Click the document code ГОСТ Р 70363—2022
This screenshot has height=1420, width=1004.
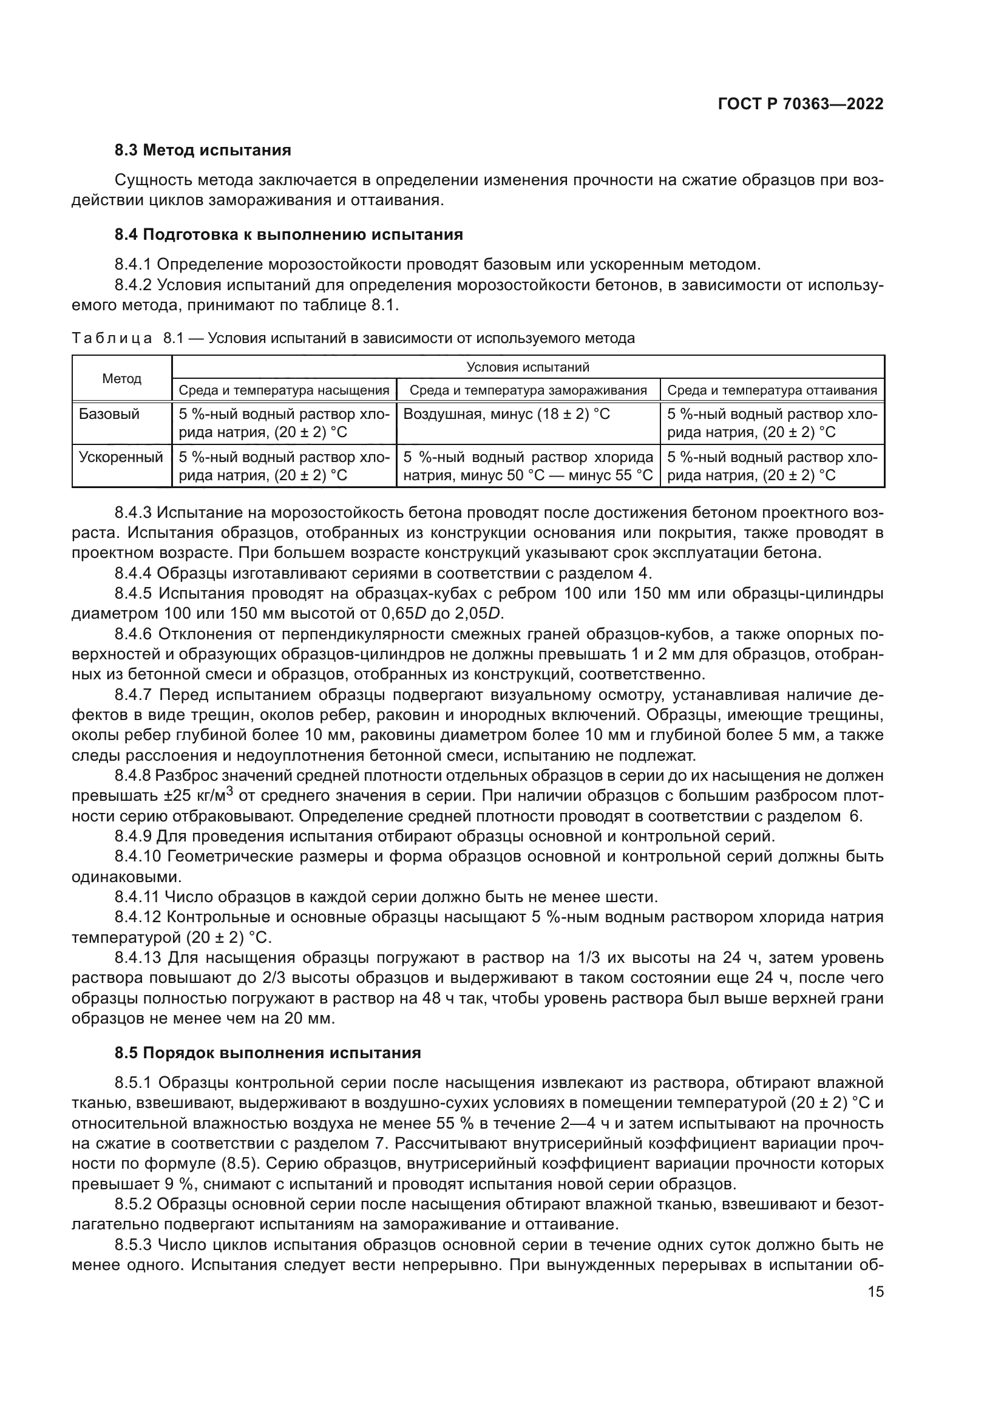coord(801,104)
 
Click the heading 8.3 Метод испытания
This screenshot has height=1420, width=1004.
coord(203,151)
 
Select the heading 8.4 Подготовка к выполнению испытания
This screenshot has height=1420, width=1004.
coord(289,234)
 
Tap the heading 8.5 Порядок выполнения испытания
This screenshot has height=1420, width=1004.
coord(268,1053)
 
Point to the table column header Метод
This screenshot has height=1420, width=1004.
coord(122,378)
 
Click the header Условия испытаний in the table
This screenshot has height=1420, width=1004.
coord(527,367)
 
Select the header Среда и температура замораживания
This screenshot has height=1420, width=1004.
coord(528,390)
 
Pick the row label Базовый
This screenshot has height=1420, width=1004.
coord(101,415)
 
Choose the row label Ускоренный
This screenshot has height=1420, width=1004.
coord(121,458)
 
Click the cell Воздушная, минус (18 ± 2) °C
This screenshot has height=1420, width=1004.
coord(506,415)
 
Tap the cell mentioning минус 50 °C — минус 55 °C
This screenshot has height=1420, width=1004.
coord(528,475)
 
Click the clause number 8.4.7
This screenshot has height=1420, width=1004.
coord(134,695)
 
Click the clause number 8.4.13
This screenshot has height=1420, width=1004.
coord(137,958)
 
